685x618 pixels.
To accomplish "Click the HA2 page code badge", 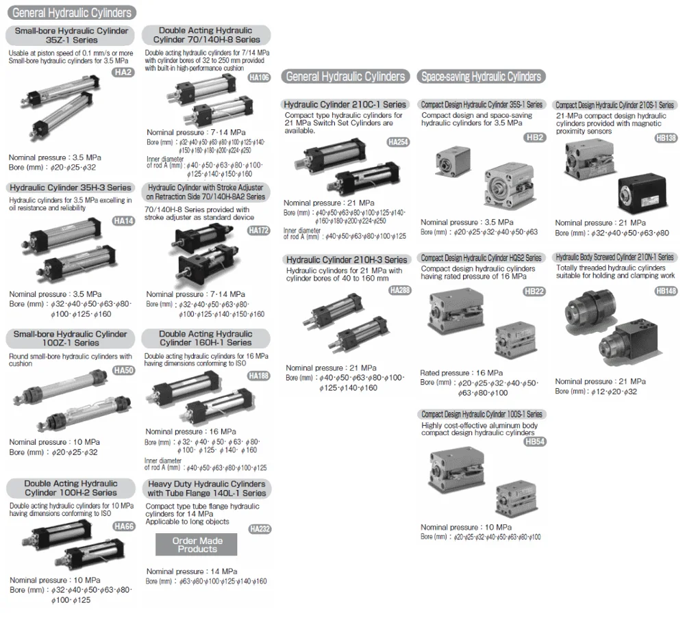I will (x=123, y=72).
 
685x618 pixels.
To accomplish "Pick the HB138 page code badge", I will (x=665, y=138).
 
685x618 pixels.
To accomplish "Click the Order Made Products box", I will (x=197, y=545).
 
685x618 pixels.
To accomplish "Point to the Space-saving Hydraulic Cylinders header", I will (x=482, y=77).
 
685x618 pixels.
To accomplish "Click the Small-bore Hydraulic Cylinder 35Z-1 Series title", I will (x=71, y=35).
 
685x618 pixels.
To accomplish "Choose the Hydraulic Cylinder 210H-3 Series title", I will (x=346, y=259).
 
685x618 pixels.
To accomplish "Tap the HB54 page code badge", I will (x=534, y=441).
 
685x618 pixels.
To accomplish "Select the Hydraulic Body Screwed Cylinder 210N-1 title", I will (x=614, y=257).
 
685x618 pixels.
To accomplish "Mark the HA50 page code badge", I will (x=123, y=370).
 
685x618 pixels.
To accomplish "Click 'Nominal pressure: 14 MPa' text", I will (x=192, y=571).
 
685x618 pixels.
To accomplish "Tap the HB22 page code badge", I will (x=534, y=291).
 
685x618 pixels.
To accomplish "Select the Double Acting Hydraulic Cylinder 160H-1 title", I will (x=206, y=338).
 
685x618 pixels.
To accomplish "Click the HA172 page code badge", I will (x=259, y=230).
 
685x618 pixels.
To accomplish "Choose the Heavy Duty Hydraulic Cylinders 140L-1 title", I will (x=206, y=488).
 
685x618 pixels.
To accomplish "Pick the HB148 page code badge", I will (x=665, y=291).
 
